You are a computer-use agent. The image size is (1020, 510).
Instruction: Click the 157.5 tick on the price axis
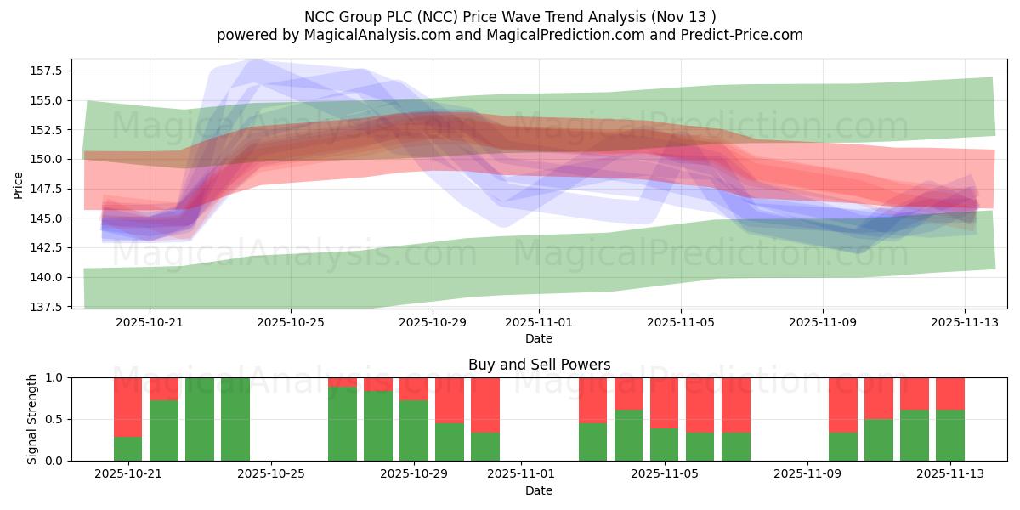point(48,71)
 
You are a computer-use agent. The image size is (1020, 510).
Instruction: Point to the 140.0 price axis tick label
point(48,277)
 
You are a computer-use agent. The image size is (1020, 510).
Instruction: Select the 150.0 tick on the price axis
point(48,159)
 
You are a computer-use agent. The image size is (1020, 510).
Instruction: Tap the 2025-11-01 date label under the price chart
point(538,322)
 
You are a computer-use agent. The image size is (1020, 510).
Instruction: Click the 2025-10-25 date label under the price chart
point(291,322)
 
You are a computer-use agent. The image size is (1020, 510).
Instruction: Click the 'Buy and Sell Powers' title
point(539,365)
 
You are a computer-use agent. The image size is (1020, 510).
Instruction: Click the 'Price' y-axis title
point(19,184)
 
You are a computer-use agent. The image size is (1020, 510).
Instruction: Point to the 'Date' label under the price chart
point(539,338)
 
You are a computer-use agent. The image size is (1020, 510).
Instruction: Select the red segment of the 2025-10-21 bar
point(128,407)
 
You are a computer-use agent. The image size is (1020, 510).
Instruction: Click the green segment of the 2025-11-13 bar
point(950,435)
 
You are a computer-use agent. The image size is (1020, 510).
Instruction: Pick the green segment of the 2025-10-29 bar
point(414,430)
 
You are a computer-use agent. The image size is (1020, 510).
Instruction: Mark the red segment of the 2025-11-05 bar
point(665,403)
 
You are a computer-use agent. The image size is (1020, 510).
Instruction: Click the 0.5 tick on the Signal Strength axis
point(55,419)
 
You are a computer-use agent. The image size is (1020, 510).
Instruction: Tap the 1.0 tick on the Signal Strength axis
point(55,377)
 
